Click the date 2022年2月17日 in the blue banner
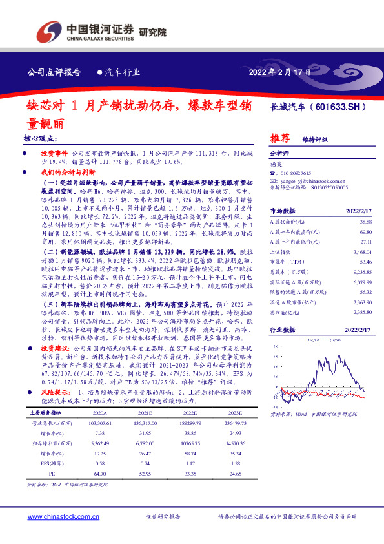click(279, 72)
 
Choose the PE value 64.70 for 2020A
click(99, 474)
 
